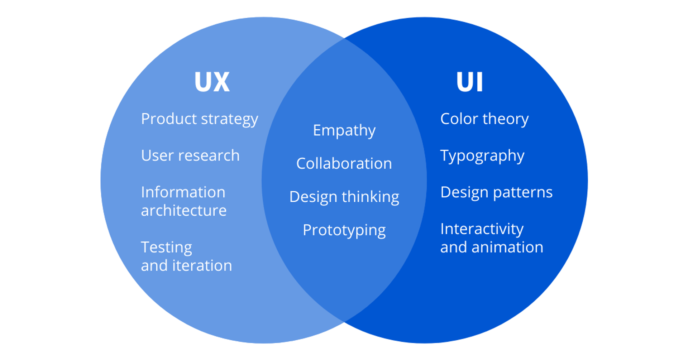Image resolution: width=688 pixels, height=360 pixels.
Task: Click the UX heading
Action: point(212,82)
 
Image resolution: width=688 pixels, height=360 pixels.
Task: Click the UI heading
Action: point(469,82)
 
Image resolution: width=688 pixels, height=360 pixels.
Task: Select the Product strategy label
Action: point(199,119)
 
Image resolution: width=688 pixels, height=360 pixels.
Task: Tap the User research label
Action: point(190,155)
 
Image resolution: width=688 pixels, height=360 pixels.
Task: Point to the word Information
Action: point(183,192)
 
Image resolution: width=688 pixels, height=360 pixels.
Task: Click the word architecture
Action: point(183,211)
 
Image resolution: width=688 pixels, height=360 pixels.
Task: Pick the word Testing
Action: point(167,248)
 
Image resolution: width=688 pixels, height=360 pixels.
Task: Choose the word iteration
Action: point(202,266)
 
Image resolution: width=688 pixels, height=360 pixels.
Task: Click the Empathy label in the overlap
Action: point(344,130)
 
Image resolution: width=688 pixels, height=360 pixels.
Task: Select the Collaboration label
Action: point(344,164)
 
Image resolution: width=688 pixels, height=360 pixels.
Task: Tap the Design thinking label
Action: point(344,197)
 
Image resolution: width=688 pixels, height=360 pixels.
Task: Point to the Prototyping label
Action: point(344,230)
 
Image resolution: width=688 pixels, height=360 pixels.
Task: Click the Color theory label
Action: point(484,119)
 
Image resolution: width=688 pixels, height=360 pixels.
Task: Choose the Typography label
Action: point(482,156)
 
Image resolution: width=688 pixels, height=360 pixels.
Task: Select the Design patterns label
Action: point(496,192)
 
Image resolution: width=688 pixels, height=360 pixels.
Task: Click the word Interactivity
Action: point(482,229)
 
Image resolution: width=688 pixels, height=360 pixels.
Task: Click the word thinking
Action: point(370,197)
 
